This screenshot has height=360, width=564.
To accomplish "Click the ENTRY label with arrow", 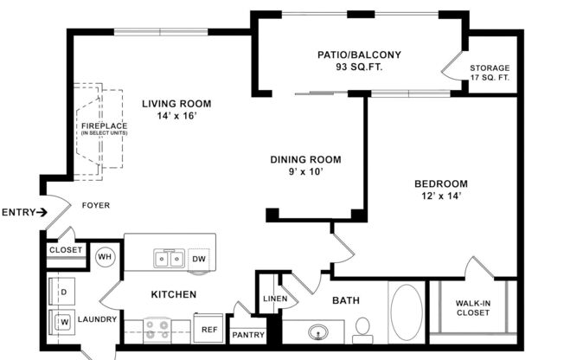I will tap(24, 212).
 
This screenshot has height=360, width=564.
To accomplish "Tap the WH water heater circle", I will tap(106, 257).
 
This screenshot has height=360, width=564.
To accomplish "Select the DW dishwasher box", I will tap(198, 258).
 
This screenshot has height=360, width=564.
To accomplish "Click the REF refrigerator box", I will tap(208, 329).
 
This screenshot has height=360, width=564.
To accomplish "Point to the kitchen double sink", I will tap(169, 259).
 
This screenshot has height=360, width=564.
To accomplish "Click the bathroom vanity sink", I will tap(317, 331).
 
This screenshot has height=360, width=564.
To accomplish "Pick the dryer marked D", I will tap(63, 292).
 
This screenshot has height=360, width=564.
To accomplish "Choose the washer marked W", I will tap(63, 322).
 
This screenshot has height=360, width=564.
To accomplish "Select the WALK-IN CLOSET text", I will tap(472, 307).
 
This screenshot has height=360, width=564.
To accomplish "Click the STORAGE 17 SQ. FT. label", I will tap(490, 74).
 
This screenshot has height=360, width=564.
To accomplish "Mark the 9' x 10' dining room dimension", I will tap(305, 171).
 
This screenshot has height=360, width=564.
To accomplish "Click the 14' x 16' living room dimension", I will tap(176, 116).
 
